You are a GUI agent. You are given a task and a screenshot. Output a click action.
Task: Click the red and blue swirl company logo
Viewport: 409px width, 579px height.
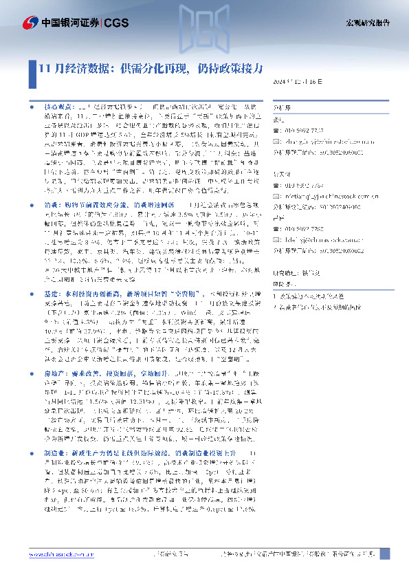click(x=30, y=23)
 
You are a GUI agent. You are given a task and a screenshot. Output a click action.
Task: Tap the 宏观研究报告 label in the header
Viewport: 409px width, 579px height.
click(x=367, y=23)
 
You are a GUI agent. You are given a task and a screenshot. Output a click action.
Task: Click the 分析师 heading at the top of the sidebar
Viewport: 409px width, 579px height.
click(x=283, y=107)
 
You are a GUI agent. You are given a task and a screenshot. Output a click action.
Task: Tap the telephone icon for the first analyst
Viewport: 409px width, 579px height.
click(x=277, y=129)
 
